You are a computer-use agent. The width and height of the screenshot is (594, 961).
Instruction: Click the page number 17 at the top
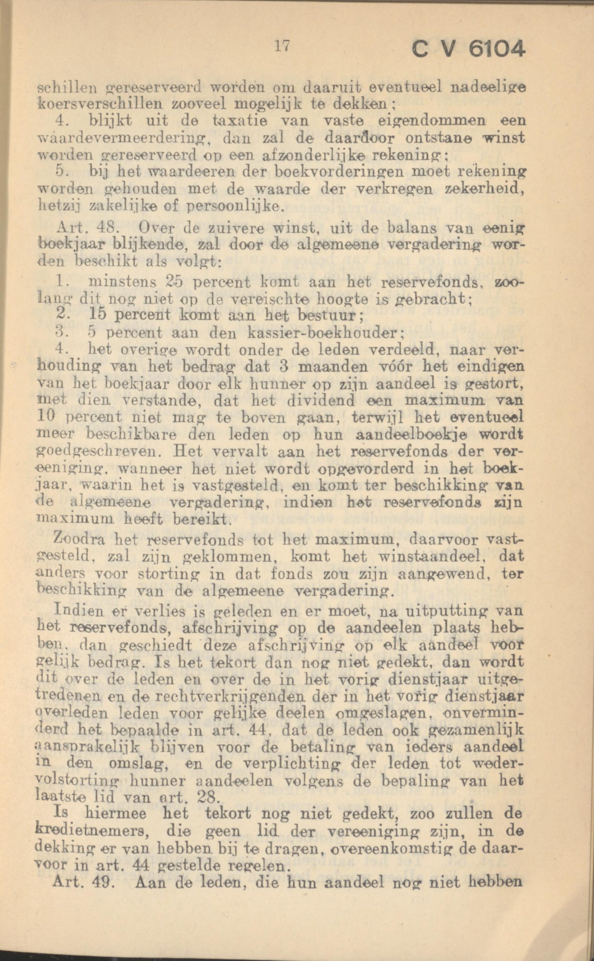[282, 47]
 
